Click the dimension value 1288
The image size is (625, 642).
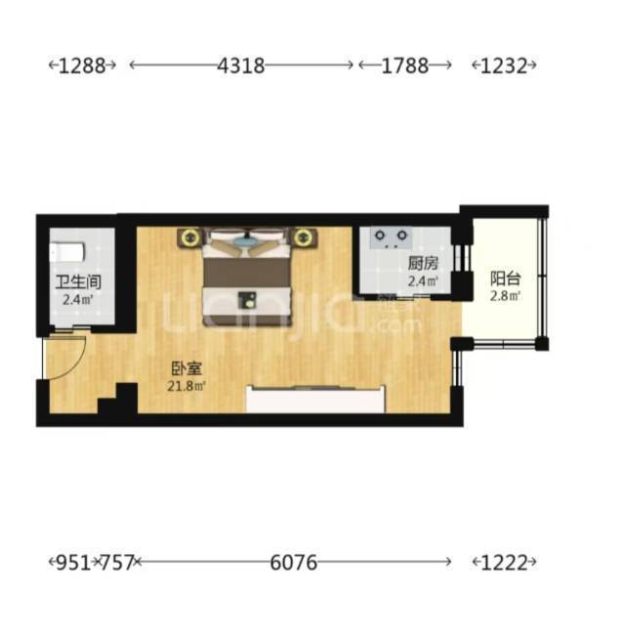click(82, 65)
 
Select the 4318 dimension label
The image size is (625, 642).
click(240, 65)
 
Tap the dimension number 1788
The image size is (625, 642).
click(405, 65)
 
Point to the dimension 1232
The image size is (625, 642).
click(504, 65)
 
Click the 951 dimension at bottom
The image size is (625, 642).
click(73, 563)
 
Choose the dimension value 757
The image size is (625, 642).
click(117, 563)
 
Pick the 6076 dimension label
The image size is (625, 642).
click(294, 563)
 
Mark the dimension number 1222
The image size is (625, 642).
click(504, 563)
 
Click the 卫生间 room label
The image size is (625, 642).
click(78, 282)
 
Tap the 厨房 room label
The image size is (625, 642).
click(423, 264)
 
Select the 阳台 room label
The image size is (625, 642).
click(506, 278)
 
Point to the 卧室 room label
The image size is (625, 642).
click(187, 368)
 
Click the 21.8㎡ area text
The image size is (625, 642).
click(187, 386)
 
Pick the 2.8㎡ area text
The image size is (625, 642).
click(506, 296)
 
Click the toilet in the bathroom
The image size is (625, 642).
click(67, 252)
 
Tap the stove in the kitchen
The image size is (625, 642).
click(391, 237)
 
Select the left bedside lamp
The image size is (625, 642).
click(189, 237)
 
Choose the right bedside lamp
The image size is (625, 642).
click(304, 237)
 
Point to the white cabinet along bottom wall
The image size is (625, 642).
click(315, 400)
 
